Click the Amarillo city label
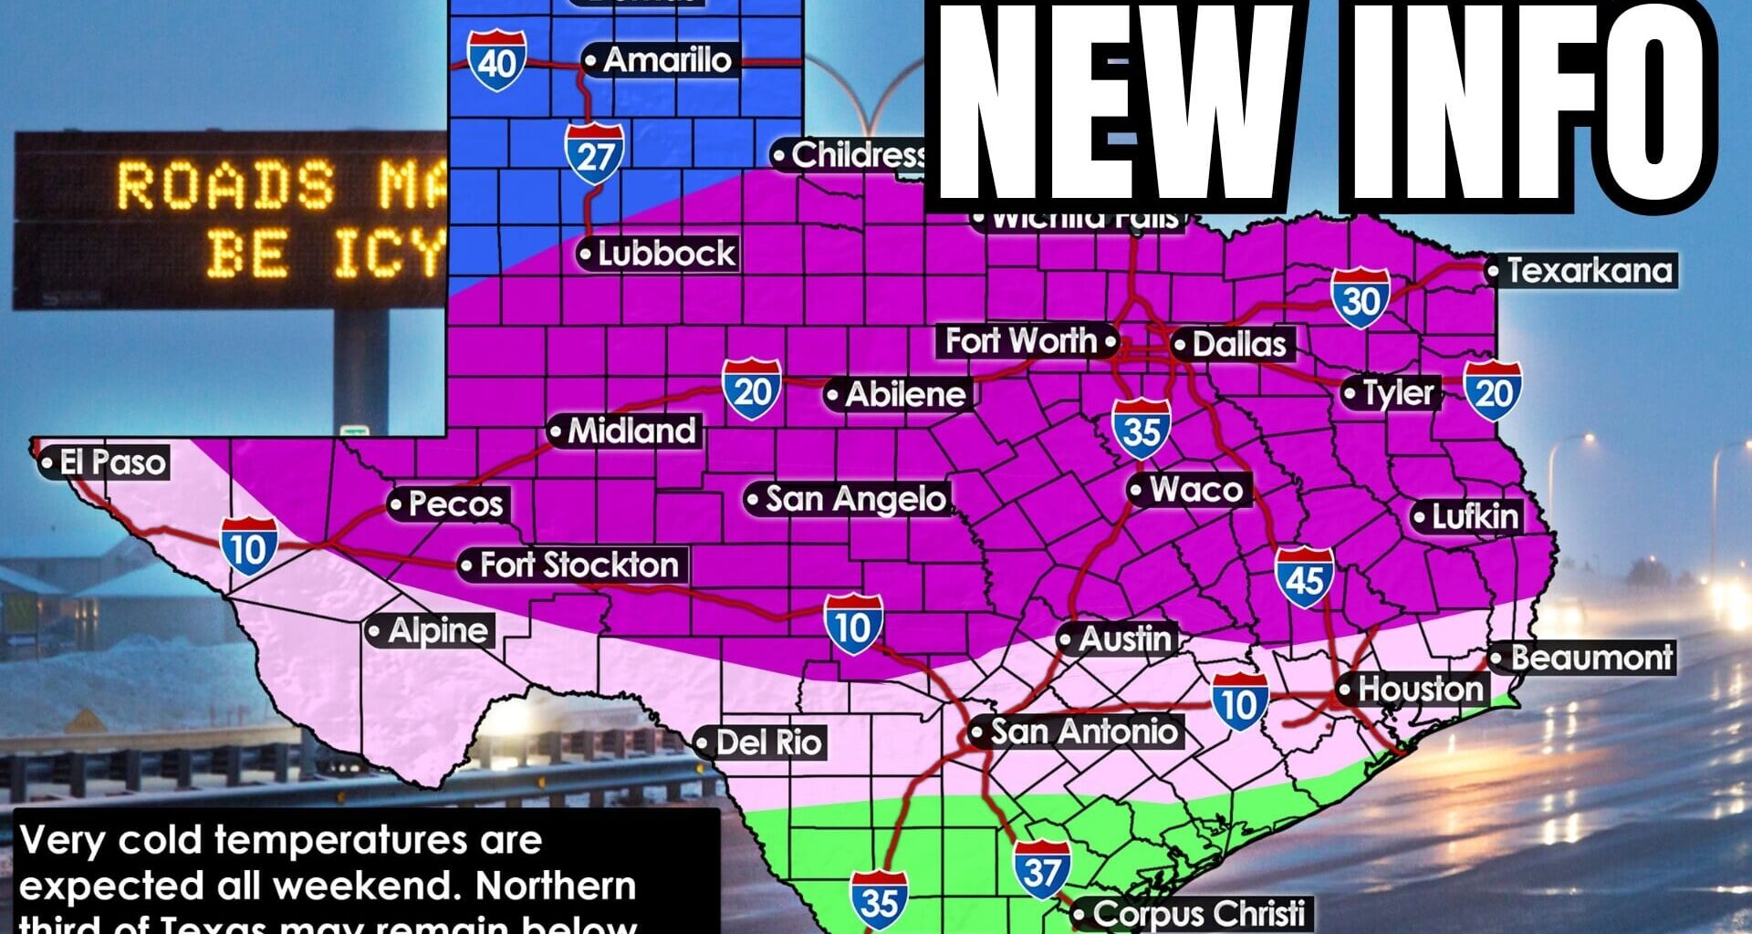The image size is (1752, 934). coord(667,60)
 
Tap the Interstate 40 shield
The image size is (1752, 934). coord(496,61)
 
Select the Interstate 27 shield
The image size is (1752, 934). coord(594,154)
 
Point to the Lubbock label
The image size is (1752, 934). coord(665,254)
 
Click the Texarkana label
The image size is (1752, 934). coord(1589,270)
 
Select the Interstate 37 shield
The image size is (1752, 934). coord(1041,870)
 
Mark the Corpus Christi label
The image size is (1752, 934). coord(1197,913)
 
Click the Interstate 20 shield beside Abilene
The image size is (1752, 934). coord(752,389)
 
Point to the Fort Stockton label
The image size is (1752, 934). coord(579,565)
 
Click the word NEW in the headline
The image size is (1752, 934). coord(1113,105)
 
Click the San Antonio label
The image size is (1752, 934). coord(1083,732)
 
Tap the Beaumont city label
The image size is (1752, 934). coord(1590,658)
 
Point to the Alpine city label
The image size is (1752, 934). coord(437,630)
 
